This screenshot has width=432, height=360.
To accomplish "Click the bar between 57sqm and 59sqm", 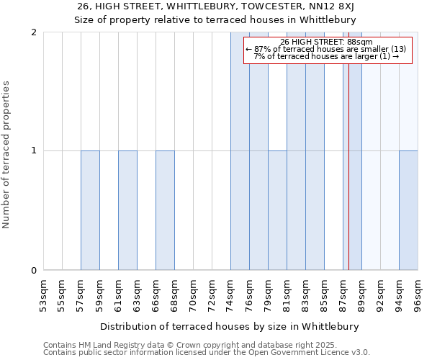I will [90, 210].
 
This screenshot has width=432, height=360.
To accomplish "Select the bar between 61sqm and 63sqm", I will [127, 210].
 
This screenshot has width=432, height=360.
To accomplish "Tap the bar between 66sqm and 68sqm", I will [165, 210].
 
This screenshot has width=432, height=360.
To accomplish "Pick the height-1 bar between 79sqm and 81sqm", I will [277, 210].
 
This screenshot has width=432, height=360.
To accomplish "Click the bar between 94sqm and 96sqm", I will [408, 210].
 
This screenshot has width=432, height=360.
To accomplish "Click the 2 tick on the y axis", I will [34, 32].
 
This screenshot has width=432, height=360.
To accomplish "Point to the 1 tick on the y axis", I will [34, 151].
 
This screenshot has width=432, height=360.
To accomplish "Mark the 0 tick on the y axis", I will [34, 271].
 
